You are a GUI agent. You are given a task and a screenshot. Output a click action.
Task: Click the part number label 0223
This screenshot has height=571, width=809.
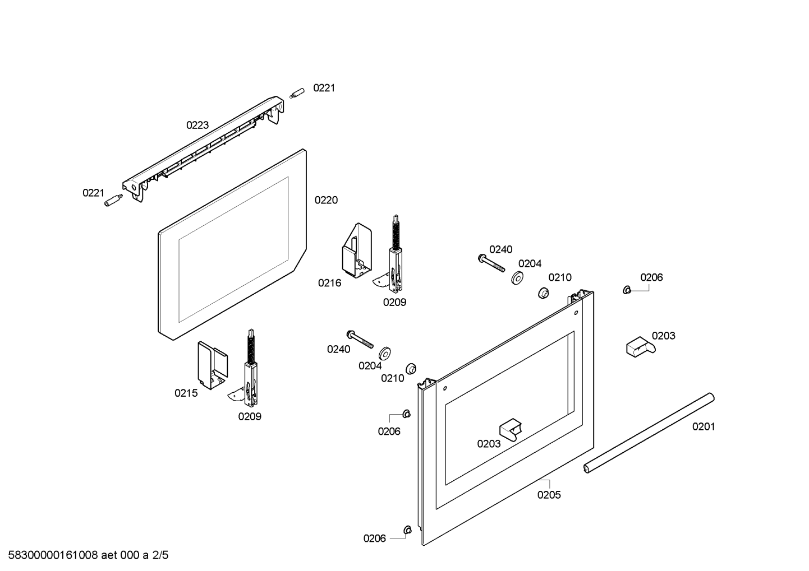click(x=197, y=125)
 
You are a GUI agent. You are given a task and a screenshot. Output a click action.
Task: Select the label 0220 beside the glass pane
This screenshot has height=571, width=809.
click(x=326, y=200)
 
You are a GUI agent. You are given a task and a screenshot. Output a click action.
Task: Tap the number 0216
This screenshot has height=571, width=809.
click(x=329, y=283)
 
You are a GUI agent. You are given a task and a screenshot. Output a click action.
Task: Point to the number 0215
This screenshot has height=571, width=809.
click(x=186, y=393)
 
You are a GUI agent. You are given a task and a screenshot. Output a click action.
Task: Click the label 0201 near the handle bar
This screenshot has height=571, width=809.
click(x=704, y=426)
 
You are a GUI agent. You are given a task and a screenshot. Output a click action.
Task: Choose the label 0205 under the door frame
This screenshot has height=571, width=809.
click(x=549, y=495)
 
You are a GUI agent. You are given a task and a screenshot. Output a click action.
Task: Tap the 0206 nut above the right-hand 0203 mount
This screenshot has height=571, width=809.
click(x=627, y=290)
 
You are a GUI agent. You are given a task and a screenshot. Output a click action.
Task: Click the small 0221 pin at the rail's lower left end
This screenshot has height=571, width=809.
click(x=113, y=201)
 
